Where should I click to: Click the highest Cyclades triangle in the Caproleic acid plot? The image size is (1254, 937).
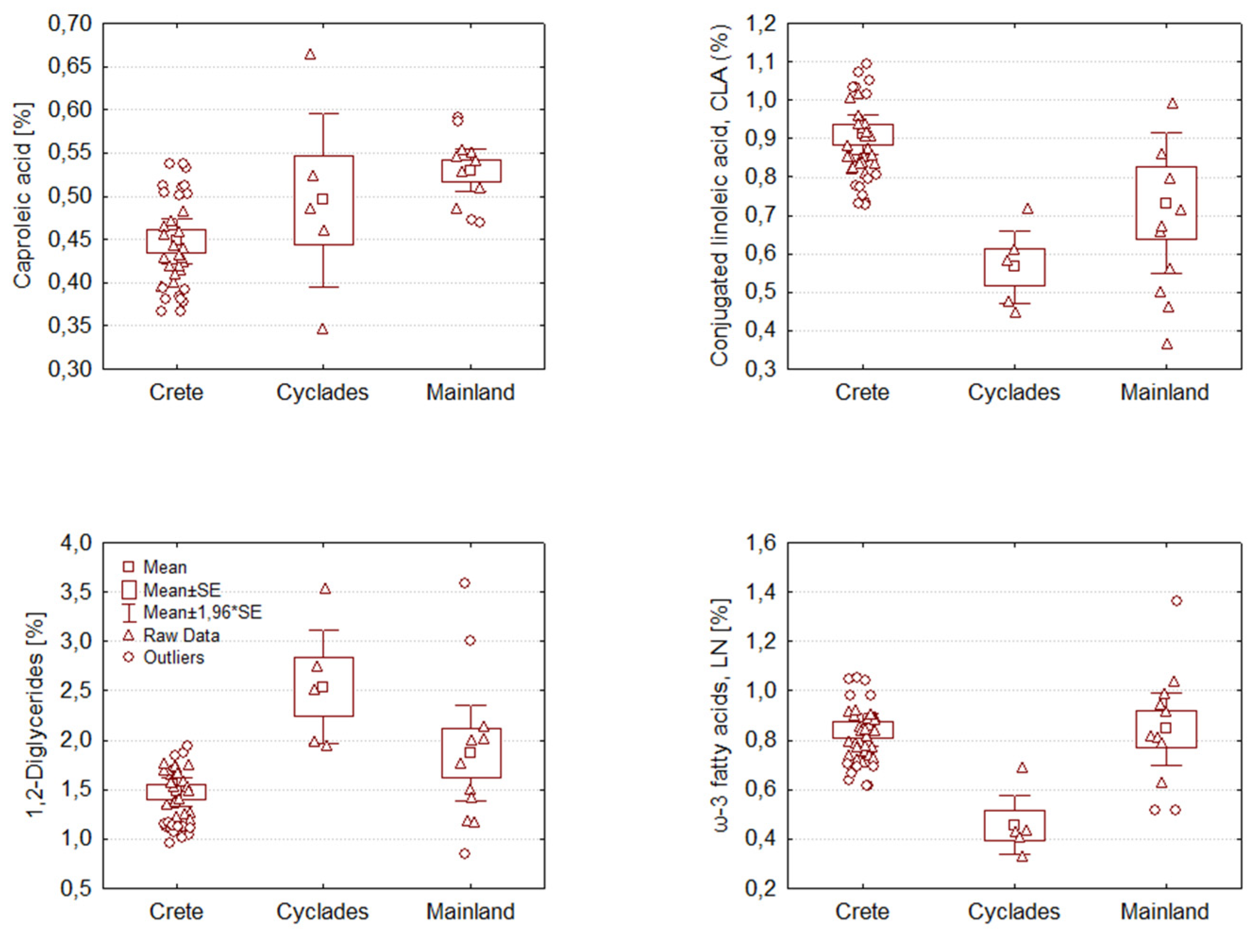pyautogui.click(x=310, y=54)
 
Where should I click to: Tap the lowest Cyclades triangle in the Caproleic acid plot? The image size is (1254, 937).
pyautogui.click(x=322, y=329)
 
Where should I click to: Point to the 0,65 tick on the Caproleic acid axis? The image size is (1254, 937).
pyautogui.click(x=69, y=67)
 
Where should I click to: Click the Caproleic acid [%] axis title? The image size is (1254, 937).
pyautogui.click(x=23, y=196)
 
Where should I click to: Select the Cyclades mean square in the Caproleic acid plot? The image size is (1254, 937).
pyautogui.click(x=323, y=199)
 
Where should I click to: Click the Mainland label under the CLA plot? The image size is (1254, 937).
pyautogui.click(x=1164, y=392)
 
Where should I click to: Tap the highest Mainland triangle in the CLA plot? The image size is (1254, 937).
pyautogui.click(x=1172, y=104)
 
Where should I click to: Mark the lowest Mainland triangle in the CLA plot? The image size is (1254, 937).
pyautogui.click(x=1167, y=344)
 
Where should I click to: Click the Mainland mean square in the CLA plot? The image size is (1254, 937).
pyautogui.click(x=1166, y=203)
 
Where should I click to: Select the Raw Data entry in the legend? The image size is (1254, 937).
pyautogui.click(x=181, y=636)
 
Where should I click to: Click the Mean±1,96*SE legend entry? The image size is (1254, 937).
pyautogui.click(x=202, y=612)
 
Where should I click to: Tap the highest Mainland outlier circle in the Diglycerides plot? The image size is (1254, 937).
pyautogui.click(x=464, y=583)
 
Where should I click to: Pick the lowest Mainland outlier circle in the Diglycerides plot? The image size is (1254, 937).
pyautogui.click(x=464, y=853)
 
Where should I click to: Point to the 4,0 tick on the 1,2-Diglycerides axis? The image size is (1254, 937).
pyautogui.click(x=75, y=543)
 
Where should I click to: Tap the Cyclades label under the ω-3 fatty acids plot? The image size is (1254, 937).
pyautogui.click(x=1014, y=912)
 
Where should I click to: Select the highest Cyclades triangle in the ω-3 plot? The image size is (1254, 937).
pyautogui.click(x=1022, y=768)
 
